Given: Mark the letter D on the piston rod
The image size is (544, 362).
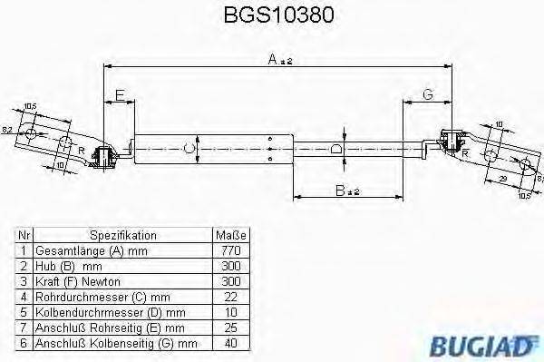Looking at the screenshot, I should pos(335,149).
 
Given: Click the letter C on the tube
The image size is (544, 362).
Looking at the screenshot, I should pos(189,149).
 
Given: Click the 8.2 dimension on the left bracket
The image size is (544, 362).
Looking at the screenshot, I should pos(7,131).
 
